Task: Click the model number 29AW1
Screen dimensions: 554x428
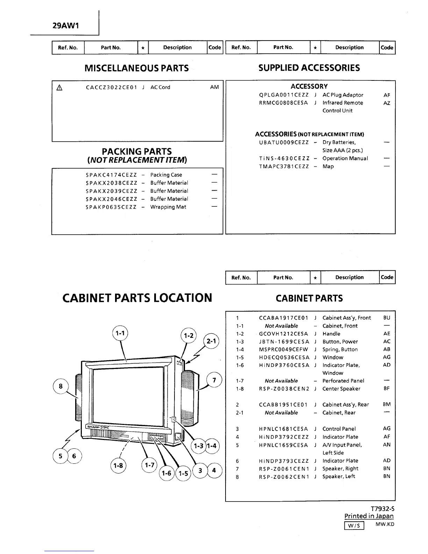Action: pos(65,26)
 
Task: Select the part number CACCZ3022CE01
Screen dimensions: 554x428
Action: pos(111,87)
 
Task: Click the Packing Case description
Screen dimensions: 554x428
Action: pos(166,175)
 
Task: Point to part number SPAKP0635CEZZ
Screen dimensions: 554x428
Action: pos(111,207)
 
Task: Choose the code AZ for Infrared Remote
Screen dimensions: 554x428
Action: pos(386,103)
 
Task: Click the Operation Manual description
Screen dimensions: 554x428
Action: pos(345,158)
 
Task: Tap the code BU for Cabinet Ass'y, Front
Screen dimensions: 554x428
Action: pos(386,318)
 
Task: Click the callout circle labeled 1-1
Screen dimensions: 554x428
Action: pos(120,333)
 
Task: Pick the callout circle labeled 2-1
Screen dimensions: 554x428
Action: pos(211,341)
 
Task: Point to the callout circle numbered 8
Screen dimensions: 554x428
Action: pos(61,386)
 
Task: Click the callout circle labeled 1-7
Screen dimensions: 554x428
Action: pos(150,465)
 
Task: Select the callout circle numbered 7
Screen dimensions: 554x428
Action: pos(214,380)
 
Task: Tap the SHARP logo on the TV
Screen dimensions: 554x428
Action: pos(93,427)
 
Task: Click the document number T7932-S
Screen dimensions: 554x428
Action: pos(383,509)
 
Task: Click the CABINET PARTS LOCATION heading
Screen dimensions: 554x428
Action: pos(137,298)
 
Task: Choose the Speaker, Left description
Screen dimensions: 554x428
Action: pos(338,476)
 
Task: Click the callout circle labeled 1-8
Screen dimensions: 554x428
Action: pos(119,467)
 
